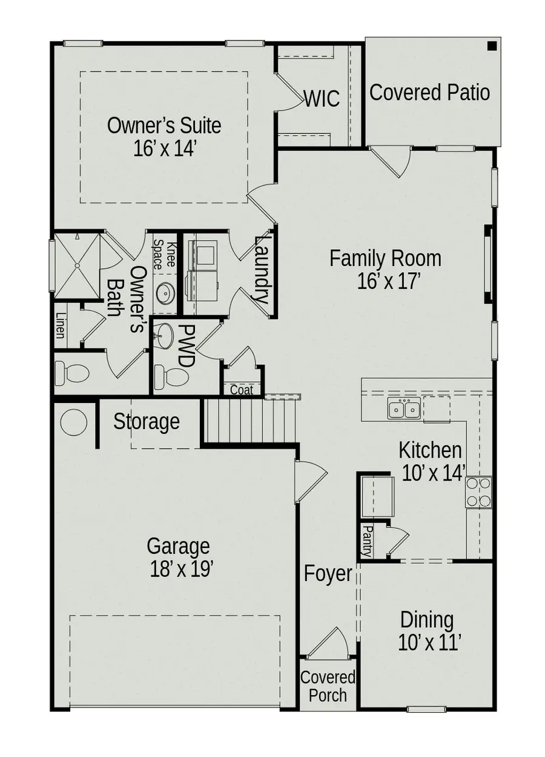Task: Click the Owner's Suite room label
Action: click(164, 136)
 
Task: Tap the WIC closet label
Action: click(322, 98)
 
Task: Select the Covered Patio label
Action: click(429, 93)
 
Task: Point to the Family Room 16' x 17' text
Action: click(385, 270)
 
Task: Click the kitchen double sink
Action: click(404, 410)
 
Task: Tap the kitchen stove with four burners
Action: click(478, 492)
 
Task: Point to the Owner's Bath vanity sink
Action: click(165, 294)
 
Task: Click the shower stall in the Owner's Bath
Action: click(77, 265)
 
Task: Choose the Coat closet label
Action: click(242, 390)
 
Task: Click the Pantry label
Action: click(366, 541)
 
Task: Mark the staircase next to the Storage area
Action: click(248, 421)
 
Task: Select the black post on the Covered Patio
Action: click(492, 45)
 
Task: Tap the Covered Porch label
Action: click(328, 685)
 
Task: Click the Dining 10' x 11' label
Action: click(426, 631)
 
